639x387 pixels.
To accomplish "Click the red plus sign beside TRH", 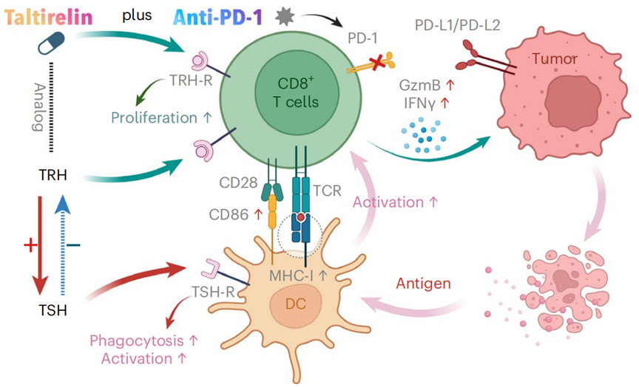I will pos(30,244).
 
